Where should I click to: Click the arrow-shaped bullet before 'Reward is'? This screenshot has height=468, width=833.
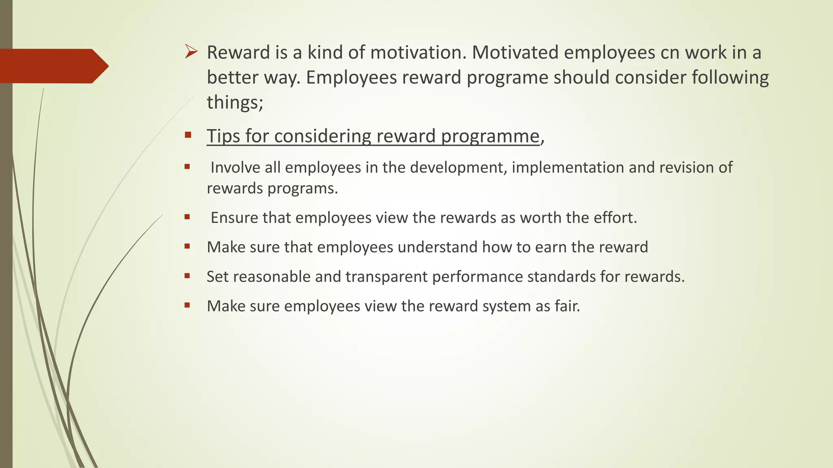191,52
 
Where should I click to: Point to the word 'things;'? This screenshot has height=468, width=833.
235,102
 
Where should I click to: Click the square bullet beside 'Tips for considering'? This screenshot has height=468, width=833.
188,135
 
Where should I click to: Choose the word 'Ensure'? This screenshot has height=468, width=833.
234,218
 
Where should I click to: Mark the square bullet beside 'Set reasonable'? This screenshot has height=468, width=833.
187,276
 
